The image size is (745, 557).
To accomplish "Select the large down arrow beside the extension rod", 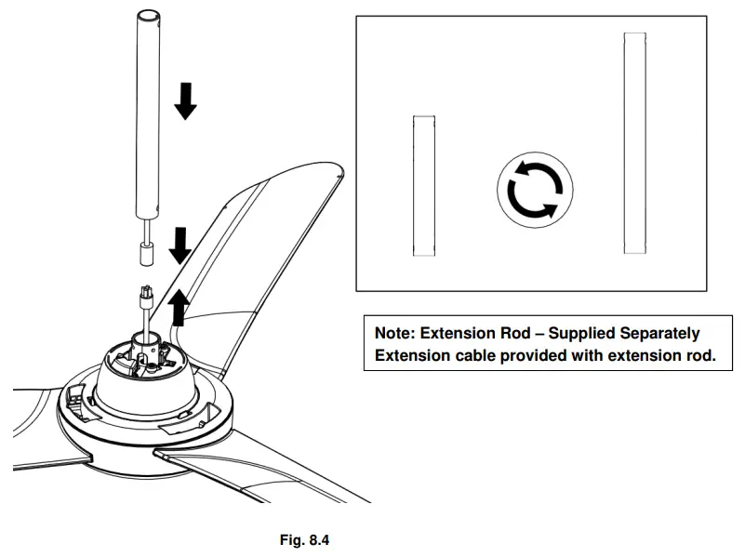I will click(186, 100).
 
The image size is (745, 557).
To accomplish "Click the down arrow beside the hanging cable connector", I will click(180, 245).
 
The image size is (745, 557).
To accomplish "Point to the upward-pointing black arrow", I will click(179, 308).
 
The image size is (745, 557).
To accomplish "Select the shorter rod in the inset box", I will click(423, 186).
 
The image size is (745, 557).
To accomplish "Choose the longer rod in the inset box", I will click(635, 143).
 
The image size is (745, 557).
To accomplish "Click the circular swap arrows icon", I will click(533, 191).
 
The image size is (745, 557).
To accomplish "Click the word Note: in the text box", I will click(394, 333).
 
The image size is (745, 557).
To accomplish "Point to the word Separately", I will click(656, 333).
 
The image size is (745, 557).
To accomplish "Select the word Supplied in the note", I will click(579, 333).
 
